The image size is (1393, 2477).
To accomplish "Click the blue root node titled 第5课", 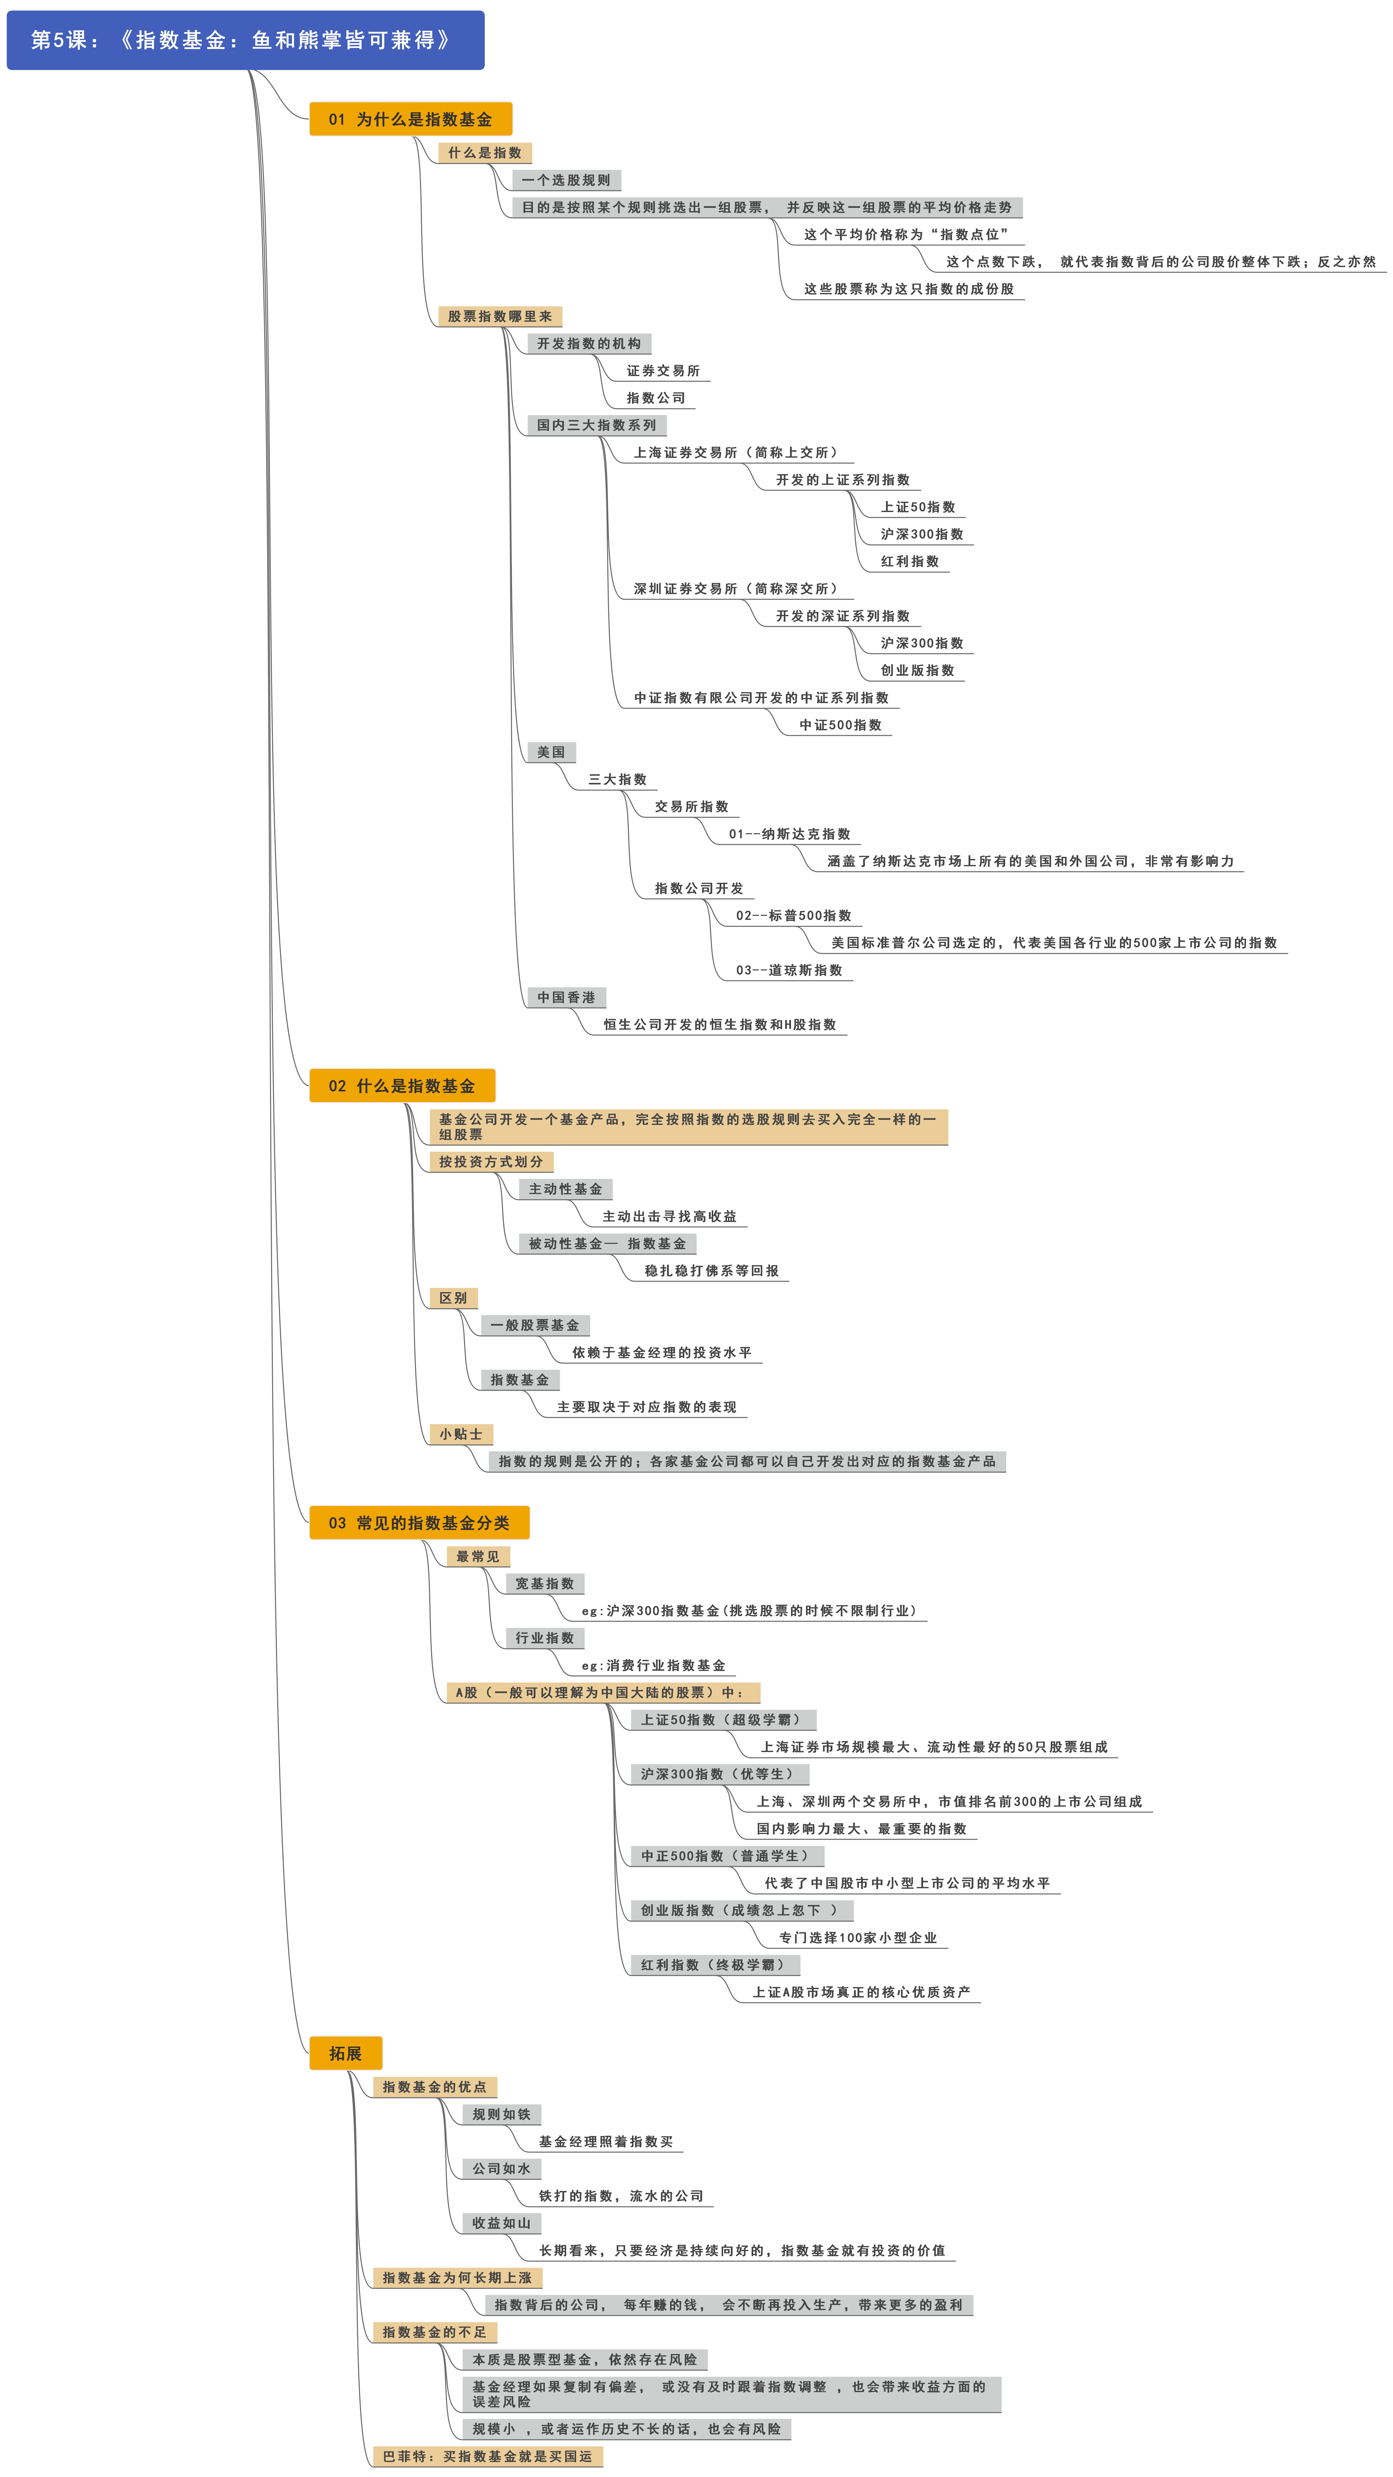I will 245,40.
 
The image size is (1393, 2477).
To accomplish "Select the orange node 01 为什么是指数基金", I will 410,119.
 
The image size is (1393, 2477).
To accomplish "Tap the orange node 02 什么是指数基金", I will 402,1086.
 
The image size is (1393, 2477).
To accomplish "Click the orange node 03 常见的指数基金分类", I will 419,1522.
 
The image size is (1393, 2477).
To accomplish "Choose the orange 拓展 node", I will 345,2053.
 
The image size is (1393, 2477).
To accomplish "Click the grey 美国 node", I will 551,752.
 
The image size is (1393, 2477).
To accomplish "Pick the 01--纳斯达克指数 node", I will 789,834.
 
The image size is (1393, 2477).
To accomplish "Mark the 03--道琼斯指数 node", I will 789,970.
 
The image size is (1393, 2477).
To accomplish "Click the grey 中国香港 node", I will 566,997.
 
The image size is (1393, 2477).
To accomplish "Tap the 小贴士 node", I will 461,1434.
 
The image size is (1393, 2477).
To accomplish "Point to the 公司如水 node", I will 501,2168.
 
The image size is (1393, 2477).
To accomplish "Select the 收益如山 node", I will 501,2223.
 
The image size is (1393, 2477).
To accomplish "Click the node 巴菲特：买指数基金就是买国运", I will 487,2456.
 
